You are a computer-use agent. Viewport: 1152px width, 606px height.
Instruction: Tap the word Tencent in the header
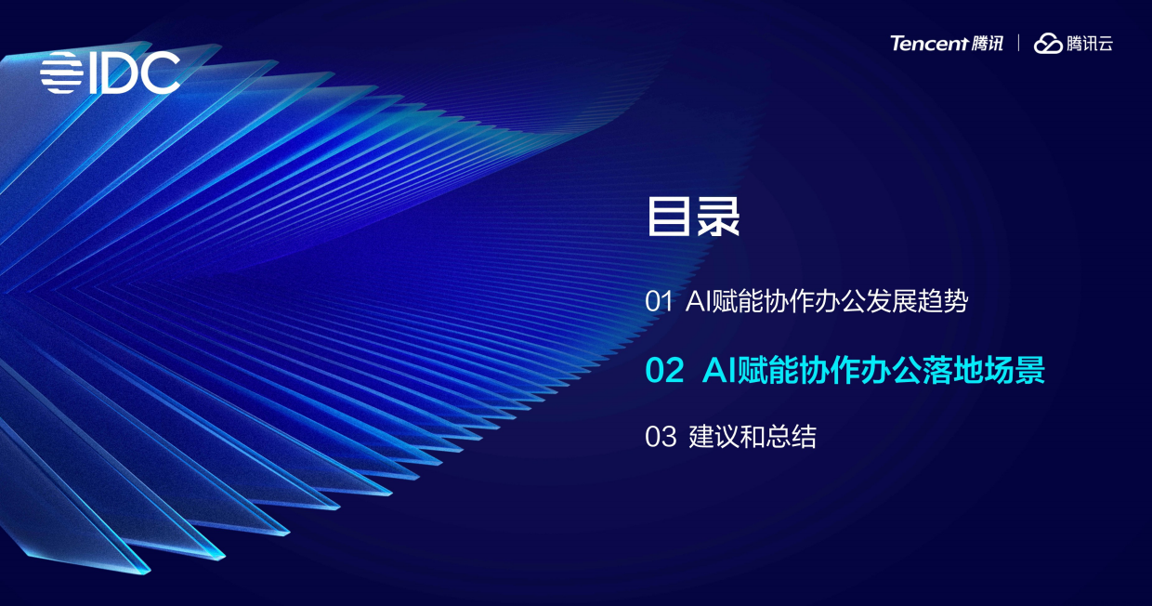tap(929, 44)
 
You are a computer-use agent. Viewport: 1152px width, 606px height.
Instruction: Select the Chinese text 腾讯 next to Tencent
tap(988, 44)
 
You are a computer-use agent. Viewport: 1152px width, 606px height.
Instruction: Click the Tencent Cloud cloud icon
tap(1048, 44)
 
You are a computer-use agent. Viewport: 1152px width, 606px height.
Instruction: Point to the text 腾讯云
tap(1090, 44)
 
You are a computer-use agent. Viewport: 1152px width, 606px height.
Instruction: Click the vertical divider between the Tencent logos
tap(1019, 44)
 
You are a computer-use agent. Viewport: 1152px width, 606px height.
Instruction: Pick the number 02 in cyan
tap(664, 370)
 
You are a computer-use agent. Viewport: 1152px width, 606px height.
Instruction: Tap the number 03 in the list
tap(661, 437)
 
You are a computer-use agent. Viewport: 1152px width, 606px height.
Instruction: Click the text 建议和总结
tap(753, 437)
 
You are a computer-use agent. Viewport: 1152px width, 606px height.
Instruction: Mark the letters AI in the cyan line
tap(719, 370)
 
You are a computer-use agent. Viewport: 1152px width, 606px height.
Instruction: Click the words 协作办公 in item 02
tap(850, 370)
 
